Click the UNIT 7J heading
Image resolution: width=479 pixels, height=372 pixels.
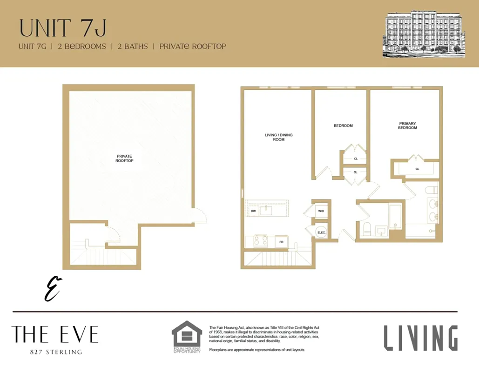[x=63, y=27]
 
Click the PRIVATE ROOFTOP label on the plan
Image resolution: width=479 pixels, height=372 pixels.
[x=124, y=158]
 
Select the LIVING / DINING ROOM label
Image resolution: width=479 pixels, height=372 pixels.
[x=278, y=137]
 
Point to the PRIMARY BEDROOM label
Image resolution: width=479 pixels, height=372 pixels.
[x=407, y=126]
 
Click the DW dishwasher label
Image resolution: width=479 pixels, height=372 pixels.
[x=253, y=211]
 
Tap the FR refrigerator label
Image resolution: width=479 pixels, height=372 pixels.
[x=281, y=242]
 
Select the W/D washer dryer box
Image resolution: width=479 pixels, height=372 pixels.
[x=321, y=211]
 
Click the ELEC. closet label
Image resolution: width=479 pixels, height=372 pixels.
[x=321, y=232]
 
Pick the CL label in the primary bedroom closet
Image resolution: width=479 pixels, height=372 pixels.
[x=417, y=169]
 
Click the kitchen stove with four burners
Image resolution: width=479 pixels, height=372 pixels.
[x=260, y=241]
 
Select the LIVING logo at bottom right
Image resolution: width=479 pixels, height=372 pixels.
[x=420, y=338]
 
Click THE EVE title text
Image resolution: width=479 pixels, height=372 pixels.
[x=55, y=334]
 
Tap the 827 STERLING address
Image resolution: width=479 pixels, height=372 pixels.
[x=55, y=352]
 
